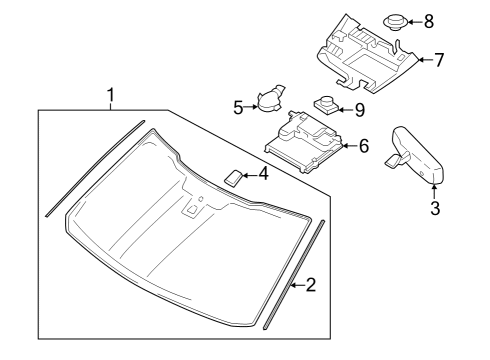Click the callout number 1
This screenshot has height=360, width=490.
click(x=111, y=96)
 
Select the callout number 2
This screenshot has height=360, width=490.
click(x=310, y=286)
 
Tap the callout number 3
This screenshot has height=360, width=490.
click(x=434, y=208)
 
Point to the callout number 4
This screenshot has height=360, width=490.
click(x=263, y=174)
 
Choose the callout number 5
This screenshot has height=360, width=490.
click(x=238, y=106)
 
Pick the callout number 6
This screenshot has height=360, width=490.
click(x=363, y=146)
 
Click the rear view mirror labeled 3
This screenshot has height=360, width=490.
click(x=414, y=151)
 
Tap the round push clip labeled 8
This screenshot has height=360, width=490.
click(x=394, y=19)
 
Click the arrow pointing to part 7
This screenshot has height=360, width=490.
click(x=423, y=60)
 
